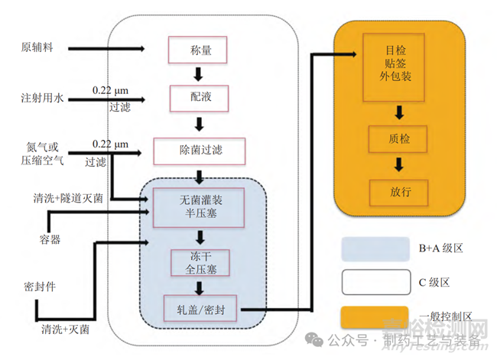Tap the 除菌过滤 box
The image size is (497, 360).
click(199, 150)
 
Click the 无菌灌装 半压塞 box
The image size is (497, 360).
click(199, 205)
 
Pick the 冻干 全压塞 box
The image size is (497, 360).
click(199, 262)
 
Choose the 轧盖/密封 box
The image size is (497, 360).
click(200, 309)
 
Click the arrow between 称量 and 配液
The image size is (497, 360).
click(199, 74)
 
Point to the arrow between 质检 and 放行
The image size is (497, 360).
click(399, 164)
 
